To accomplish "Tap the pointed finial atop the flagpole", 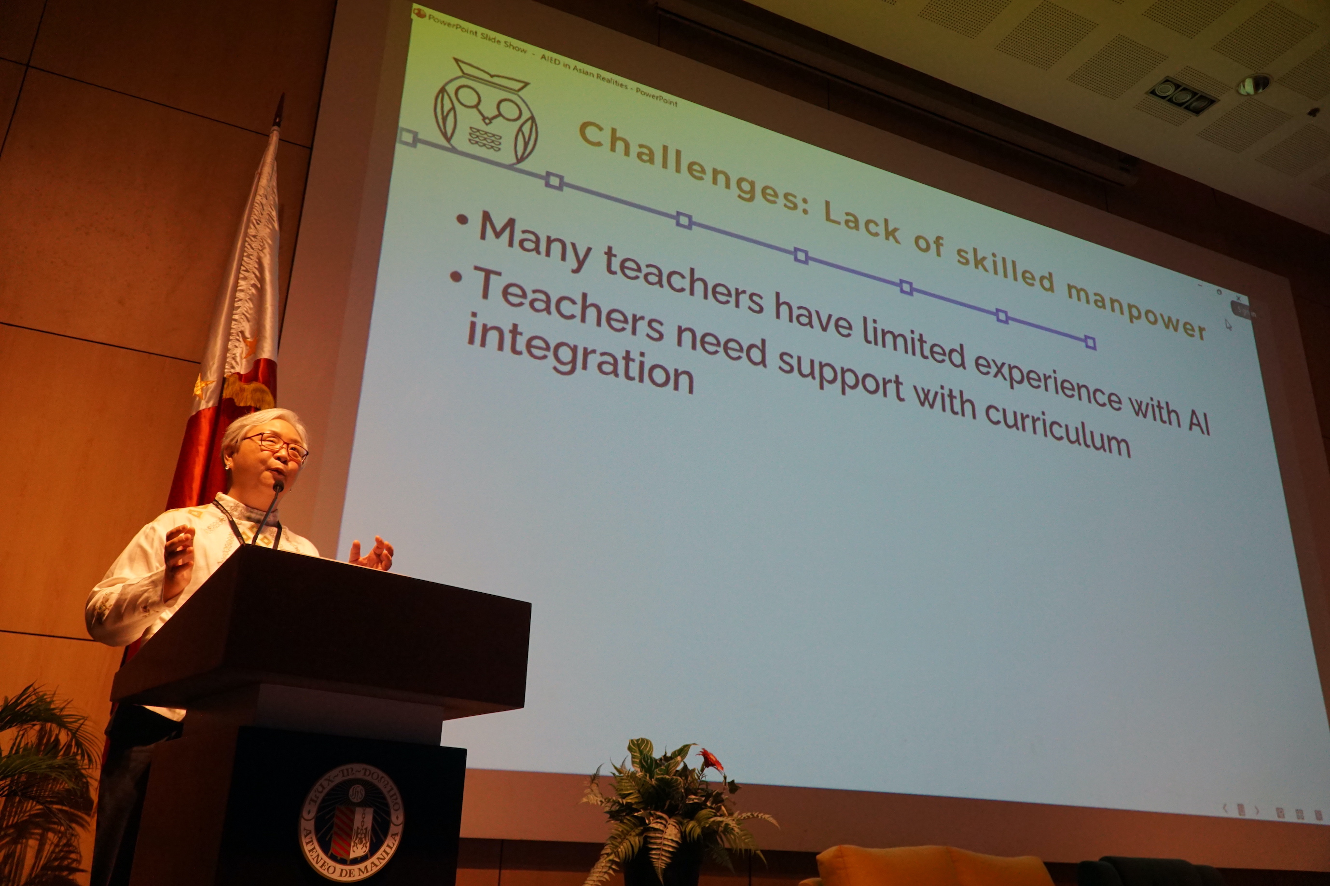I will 278,110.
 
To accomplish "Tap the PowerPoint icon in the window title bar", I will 419,13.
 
